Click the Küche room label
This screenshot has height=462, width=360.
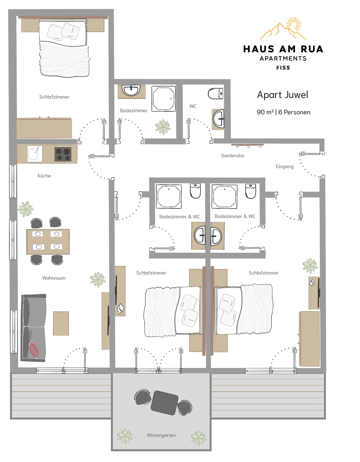[44, 176]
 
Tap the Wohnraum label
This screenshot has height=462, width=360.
[54, 278]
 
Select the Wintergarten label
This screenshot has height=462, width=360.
[161, 435]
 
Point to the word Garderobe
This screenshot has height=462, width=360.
[233, 156]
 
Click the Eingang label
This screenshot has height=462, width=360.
[284, 167]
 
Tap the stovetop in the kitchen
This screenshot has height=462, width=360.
[63, 155]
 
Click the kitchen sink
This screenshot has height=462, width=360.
[35, 154]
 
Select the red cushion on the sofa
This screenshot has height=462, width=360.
[34, 350]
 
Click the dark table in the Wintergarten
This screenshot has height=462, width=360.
[164, 403]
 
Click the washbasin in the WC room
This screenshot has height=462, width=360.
[218, 119]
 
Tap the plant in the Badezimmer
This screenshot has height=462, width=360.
[163, 127]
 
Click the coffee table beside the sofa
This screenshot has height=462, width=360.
[61, 324]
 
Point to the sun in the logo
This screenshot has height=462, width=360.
[294, 24]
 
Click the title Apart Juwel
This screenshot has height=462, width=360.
[283, 95]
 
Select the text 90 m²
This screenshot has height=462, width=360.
[265, 112]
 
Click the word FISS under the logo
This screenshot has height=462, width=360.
[283, 68]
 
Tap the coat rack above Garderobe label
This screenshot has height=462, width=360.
[247, 145]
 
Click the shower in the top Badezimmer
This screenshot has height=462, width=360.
[164, 99]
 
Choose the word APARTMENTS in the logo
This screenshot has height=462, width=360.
[283, 58]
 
